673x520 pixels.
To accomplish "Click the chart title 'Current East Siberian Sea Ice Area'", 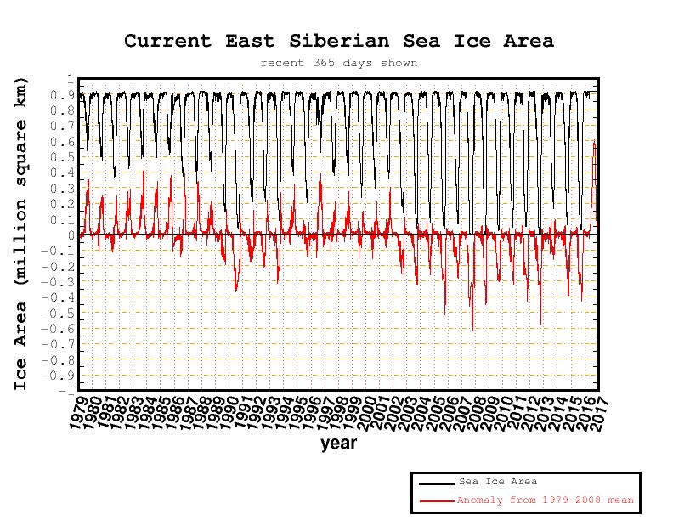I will click(x=338, y=41).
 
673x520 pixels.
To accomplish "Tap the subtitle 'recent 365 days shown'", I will click(x=338, y=63).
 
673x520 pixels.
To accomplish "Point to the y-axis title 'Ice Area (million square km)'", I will click(x=21, y=234).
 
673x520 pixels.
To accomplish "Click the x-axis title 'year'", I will click(x=338, y=443).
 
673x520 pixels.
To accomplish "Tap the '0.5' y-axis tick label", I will click(x=65, y=157).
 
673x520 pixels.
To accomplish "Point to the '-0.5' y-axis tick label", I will click(x=61, y=313).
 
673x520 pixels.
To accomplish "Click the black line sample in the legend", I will click(x=436, y=483).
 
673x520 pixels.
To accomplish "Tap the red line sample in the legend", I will click(x=436, y=500).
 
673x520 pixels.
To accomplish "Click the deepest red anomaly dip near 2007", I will click(x=472, y=329).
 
